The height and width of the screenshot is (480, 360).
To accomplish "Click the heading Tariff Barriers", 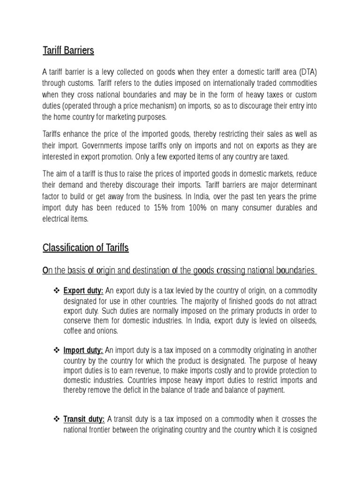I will pyautogui.click(x=68, y=51).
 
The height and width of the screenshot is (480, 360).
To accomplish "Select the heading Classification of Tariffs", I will pyautogui.click(x=85, y=248).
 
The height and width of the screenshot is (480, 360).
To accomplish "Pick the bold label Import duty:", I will pyautogui.click(x=83, y=350).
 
